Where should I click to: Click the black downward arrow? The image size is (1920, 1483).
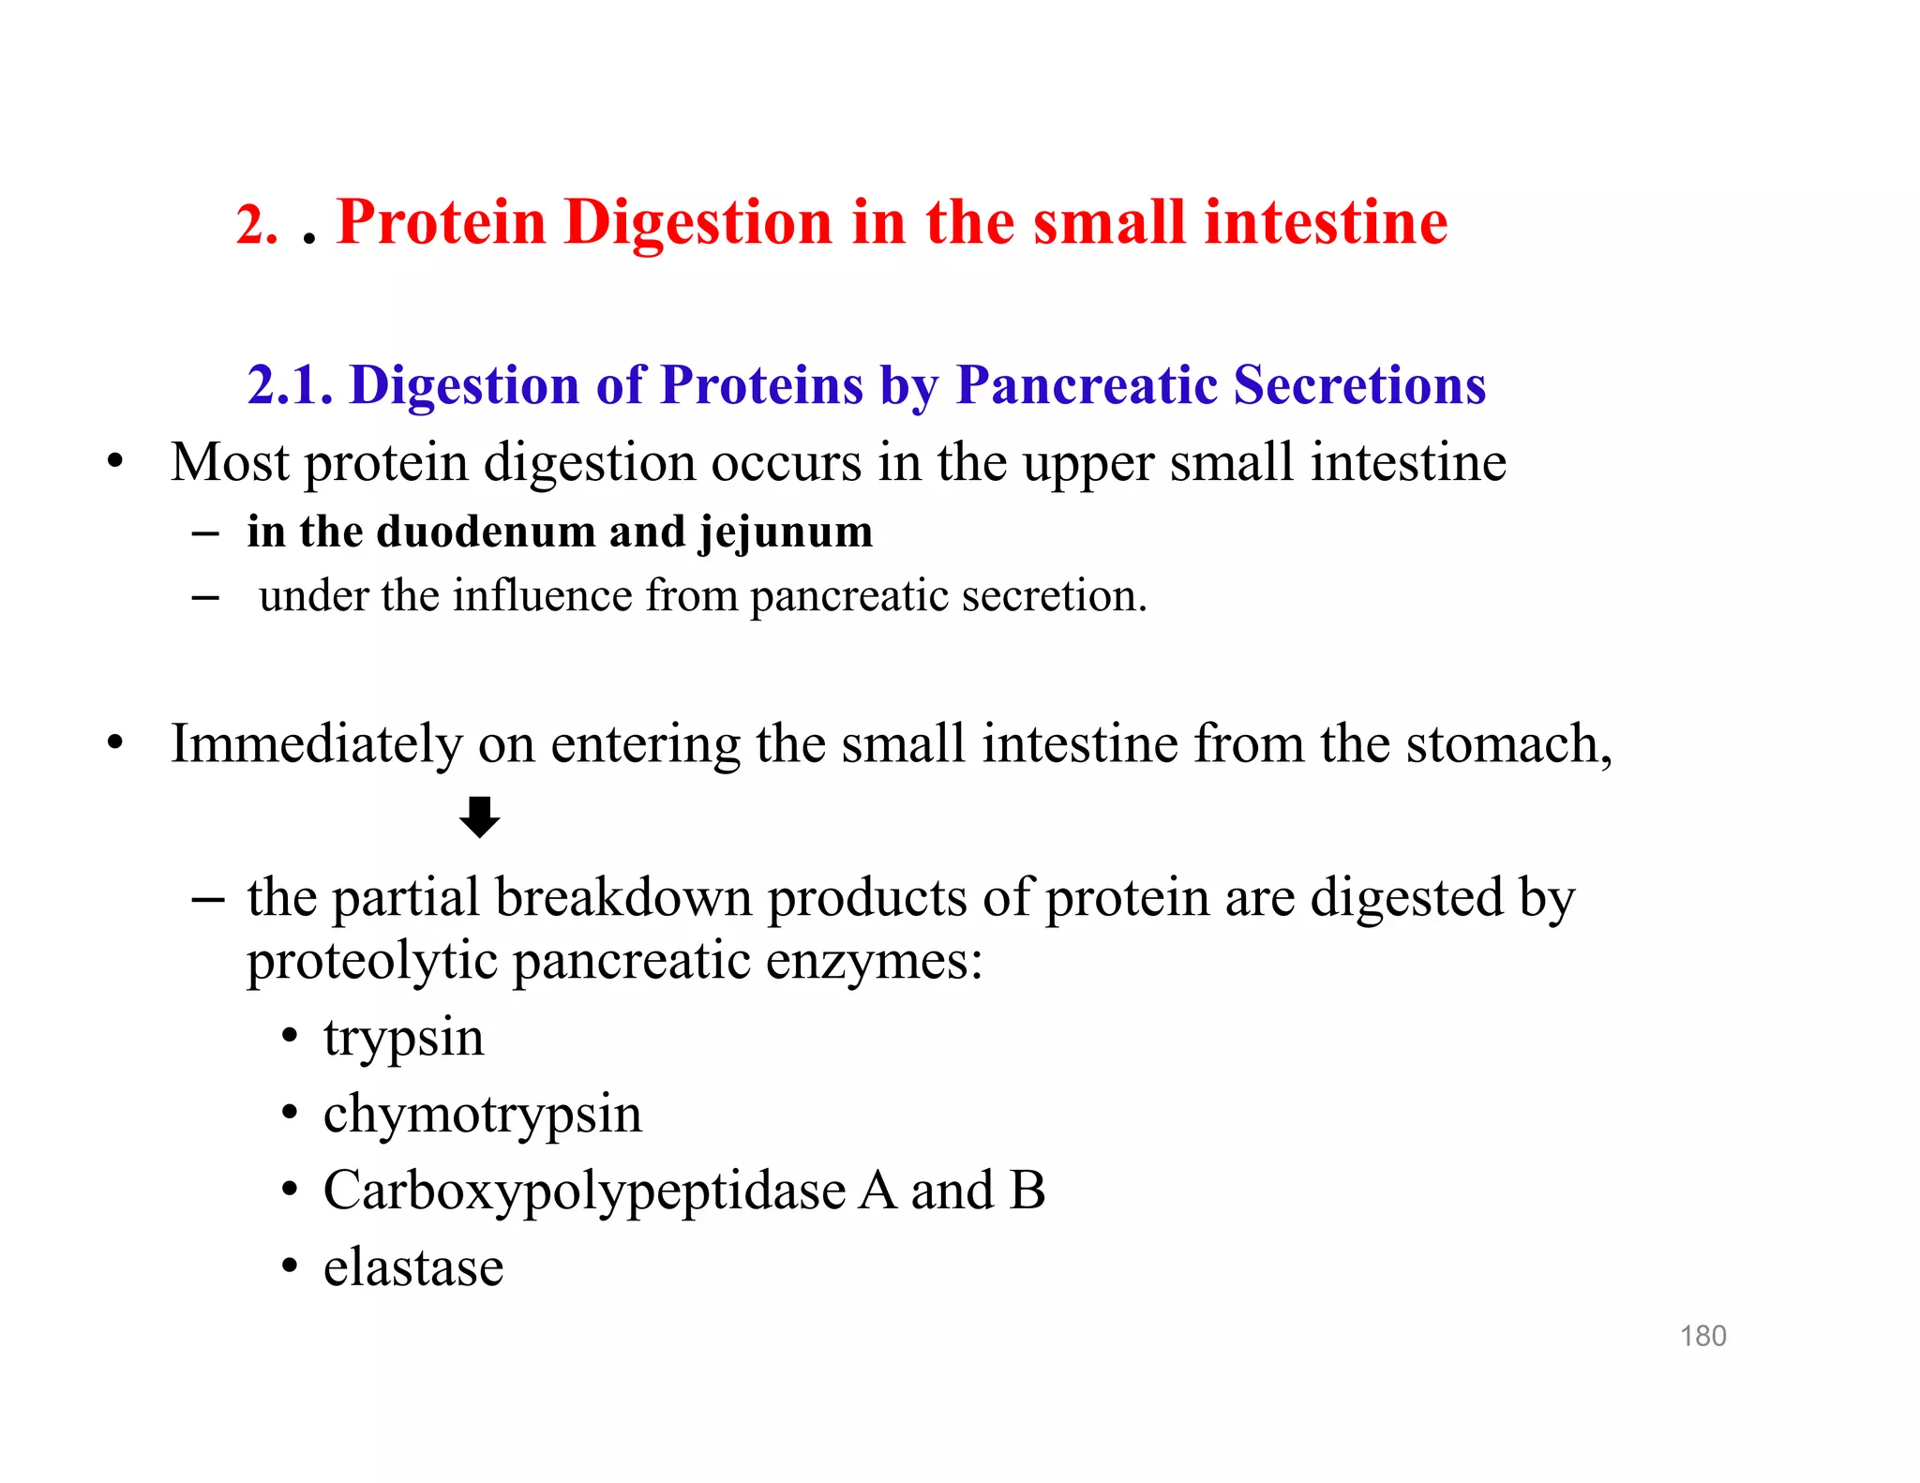tap(479, 816)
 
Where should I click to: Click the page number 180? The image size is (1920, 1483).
tap(1702, 1336)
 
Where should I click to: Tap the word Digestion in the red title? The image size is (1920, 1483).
tap(697, 223)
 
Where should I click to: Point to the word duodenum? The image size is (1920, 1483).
tap(491, 532)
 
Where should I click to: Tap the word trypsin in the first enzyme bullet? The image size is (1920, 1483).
tap(403, 1039)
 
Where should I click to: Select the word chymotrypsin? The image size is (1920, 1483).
tap(482, 1116)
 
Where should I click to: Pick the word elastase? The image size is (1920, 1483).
tap(413, 1267)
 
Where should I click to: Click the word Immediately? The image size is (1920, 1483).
tap(316, 745)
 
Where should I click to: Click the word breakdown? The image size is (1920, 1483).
tap(623, 898)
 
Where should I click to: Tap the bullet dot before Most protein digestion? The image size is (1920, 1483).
tap(115, 461)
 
